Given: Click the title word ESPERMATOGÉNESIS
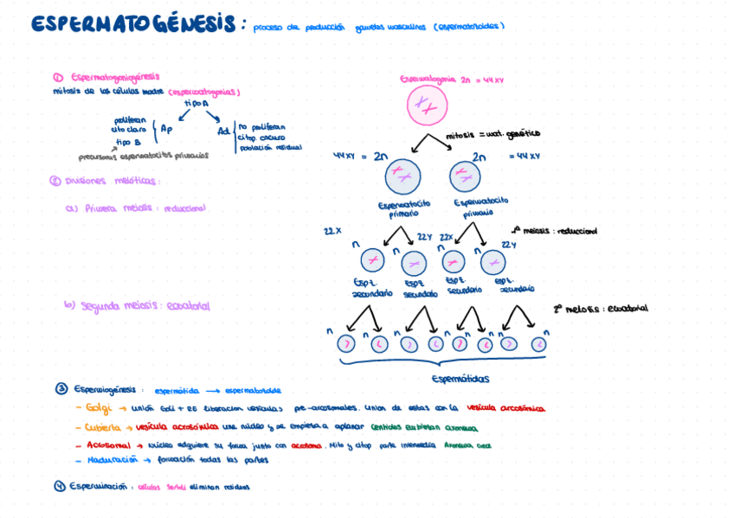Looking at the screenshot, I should (132, 24).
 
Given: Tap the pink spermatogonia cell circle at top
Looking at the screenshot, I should (427, 106).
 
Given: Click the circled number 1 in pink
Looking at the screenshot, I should (58, 77).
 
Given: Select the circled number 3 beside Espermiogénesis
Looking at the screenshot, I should (61, 389).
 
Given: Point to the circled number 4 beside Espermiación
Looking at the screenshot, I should (60, 486).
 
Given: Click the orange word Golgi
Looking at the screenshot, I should (99, 408).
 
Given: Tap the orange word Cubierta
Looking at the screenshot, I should (103, 427).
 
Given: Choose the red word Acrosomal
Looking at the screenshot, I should (108, 445).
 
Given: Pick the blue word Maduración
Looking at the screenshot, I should (113, 461).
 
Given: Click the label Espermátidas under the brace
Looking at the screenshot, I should (460, 379).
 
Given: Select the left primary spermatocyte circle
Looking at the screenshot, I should (402, 176).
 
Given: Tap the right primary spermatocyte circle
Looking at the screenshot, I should (465, 176).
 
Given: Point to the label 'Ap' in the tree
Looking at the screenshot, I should (166, 129).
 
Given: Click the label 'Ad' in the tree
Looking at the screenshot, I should (223, 131).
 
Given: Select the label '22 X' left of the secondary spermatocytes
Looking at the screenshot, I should (332, 232).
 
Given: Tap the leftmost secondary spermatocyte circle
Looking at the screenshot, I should (372, 259).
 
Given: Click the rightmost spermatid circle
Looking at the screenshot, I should (538, 344).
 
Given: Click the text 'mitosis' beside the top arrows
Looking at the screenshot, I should (460, 136).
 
